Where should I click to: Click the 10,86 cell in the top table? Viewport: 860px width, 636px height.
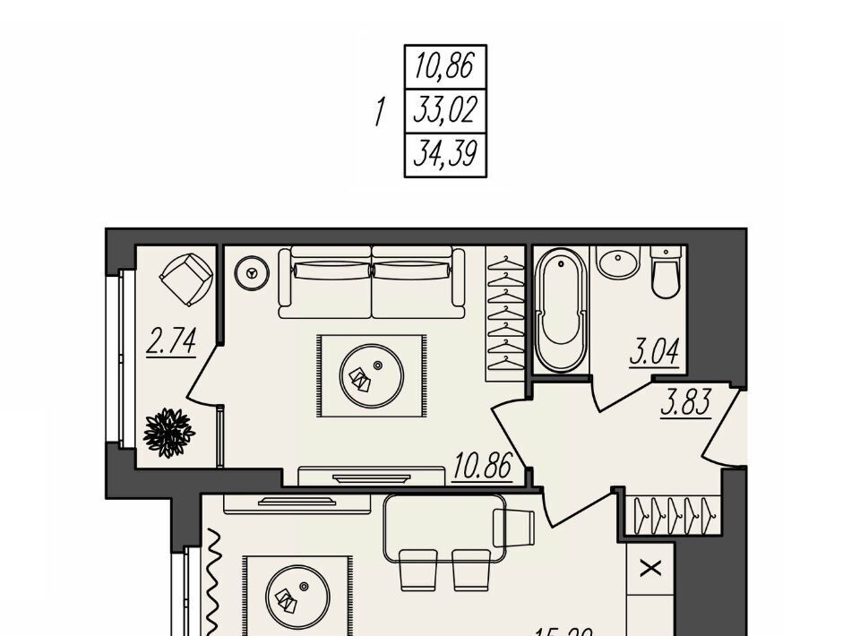pos(445,67)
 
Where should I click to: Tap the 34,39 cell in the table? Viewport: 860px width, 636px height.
pos(445,156)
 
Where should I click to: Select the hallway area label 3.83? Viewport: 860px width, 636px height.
pos(686,403)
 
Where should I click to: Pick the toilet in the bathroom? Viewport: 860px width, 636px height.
pos(667,273)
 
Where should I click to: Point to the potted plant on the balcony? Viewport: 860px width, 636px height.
pos(168,433)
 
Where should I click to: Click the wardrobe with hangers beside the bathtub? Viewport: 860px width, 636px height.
pos(506,309)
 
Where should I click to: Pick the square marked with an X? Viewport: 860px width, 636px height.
pos(651,568)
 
